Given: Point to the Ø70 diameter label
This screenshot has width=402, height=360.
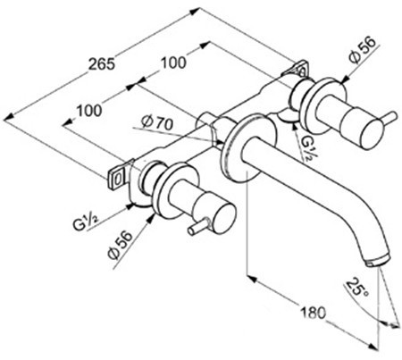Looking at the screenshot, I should point(157,122).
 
